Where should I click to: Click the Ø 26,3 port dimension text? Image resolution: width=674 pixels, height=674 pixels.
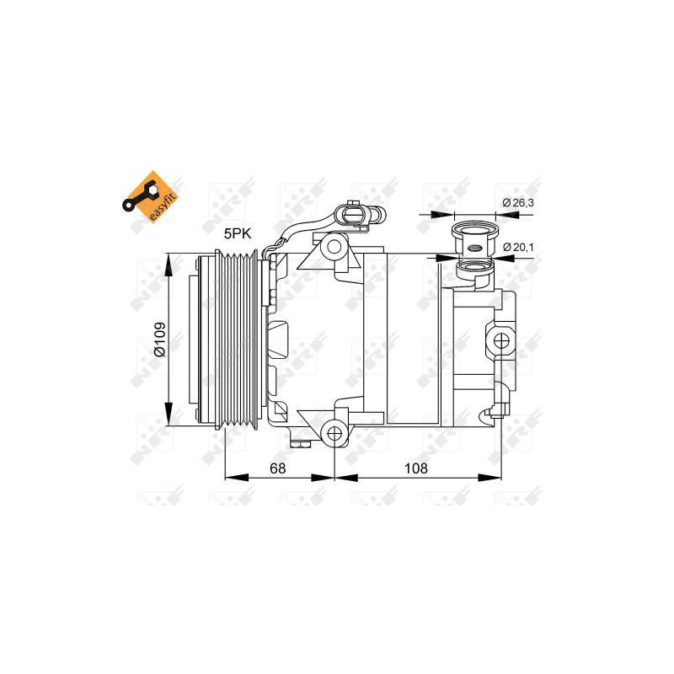(517, 202)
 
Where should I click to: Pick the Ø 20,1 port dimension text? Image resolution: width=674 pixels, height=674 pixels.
(519, 246)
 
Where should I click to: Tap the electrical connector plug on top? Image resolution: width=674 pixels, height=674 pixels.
(351, 215)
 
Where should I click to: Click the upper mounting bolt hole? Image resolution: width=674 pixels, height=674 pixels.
(335, 247)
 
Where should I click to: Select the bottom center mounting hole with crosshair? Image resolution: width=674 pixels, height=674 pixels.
(334, 433)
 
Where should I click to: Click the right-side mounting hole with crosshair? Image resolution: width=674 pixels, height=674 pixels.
(502, 340)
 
